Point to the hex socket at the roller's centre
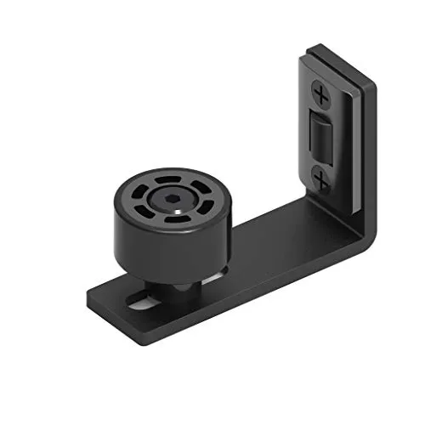[173, 201]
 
